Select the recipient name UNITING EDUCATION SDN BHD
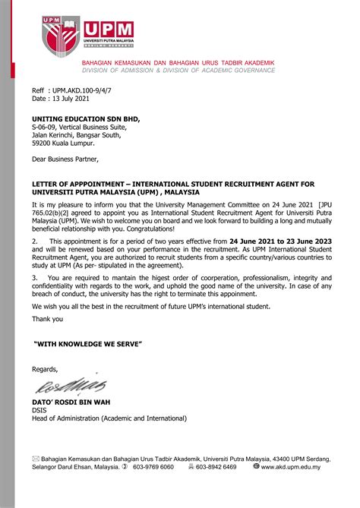point(86,119)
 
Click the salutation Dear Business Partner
point(65,159)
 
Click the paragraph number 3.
point(34,278)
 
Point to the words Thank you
point(47,318)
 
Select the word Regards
point(45,369)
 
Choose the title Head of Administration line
point(109,418)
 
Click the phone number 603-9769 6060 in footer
point(152,467)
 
